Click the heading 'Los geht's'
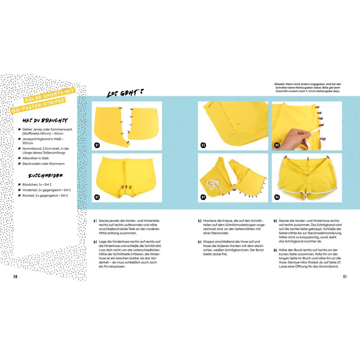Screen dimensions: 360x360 [126, 93]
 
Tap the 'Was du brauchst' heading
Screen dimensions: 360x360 [45, 121]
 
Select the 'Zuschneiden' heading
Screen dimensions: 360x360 [45, 176]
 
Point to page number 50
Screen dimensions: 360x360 [15, 277]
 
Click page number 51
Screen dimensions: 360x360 [345, 277]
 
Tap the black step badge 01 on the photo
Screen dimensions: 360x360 [97, 145]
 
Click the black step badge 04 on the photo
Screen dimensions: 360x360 [203, 197]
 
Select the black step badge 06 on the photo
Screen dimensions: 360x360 [277, 197]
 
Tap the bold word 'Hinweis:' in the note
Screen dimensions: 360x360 [279, 84]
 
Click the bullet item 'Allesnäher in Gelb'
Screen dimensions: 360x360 [36, 158]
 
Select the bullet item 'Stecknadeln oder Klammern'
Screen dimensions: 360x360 [43, 164]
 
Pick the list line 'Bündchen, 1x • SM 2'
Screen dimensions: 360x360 [37, 185]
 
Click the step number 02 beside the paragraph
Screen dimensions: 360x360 [95, 242]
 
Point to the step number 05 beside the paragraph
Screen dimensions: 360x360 [275, 221]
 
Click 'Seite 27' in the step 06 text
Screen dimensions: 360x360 [334, 262]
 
